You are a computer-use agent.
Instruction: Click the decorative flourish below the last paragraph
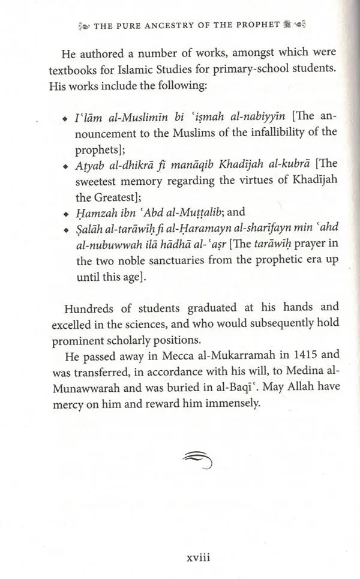click(197, 459)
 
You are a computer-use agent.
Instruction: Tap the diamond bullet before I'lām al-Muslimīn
click(65, 118)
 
